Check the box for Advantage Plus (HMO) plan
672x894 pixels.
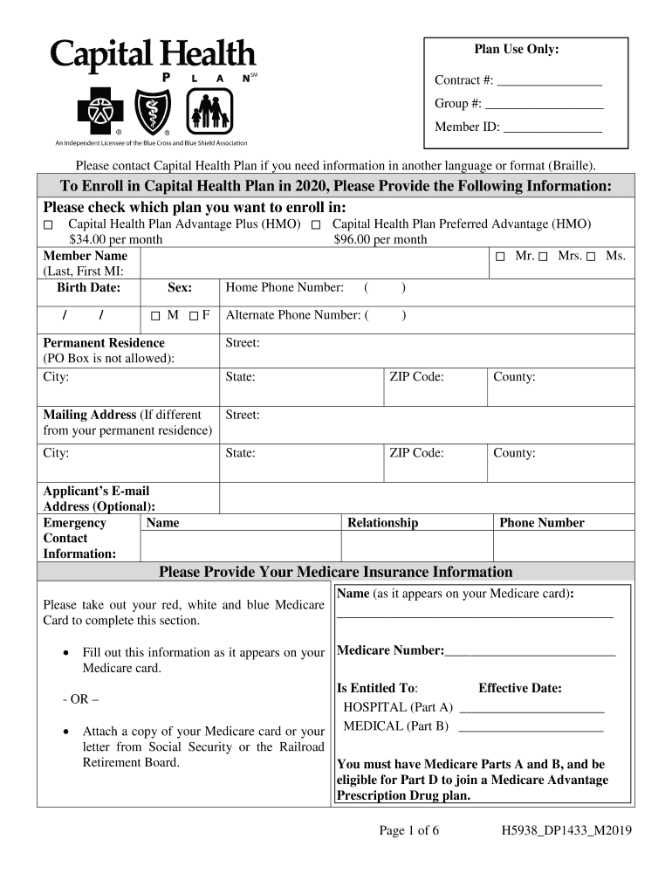pyautogui.click(x=49, y=225)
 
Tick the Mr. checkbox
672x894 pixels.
pyautogui.click(x=501, y=257)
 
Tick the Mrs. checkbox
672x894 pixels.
pyautogui.click(x=543, y=257)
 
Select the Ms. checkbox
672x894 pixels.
pyautogui.click(x=591, y=257)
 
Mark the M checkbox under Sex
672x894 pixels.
pyautogui.click(x=154, y=316)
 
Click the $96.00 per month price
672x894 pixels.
pyautogui.click(x=381, y=239)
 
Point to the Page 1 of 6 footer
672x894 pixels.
pyautogui.click(x=408, y=831)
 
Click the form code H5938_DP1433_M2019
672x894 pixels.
pyautogui.click(x=561, y=831)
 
